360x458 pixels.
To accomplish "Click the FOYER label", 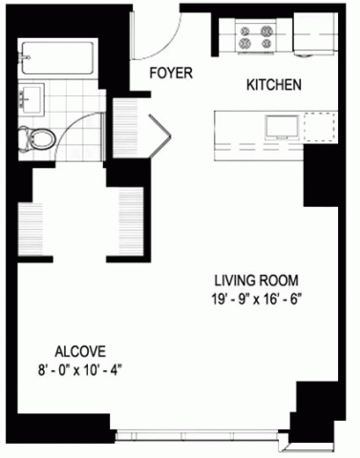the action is pyautogui.click(x=171, y=73).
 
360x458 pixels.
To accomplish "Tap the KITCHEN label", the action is pyautogui.click(x=274, y=85).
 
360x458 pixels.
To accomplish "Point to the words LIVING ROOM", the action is pyautogui.click(x=256, y=281).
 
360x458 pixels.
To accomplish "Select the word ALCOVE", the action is pyautogui.click(x=80, y=352).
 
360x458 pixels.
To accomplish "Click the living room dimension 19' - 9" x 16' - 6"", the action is pyautogui.click(x=256, y=300).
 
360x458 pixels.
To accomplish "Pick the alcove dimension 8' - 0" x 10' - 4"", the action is pyautogui.click(x=80, y=370).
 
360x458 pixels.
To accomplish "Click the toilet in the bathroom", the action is pyautogui.click(x=36, y=138).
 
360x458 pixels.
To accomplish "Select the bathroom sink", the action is pyautogui.click(x=31, y=99).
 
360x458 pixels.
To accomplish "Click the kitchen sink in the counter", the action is pyautogui.click(x=282, y=128).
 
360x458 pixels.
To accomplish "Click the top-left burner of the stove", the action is pyautogui.click(x=245, y=31).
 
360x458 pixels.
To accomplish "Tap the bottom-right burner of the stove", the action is pyautogui.click(x=266, y=43).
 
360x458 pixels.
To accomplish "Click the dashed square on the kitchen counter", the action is pyautogui.click(x=320, y=127).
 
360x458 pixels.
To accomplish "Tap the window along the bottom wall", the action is pyautogui.click(x=198, y=435).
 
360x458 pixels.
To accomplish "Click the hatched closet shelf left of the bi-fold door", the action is pyautogui.click(x=125, y=127).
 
